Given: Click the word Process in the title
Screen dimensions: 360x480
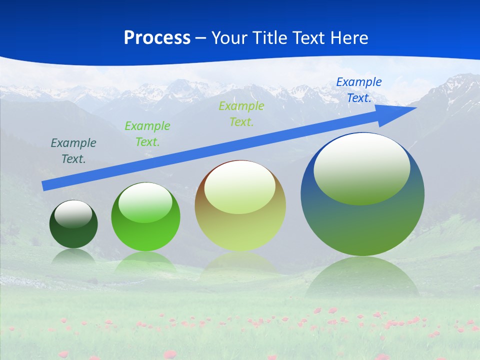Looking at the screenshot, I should pos(157,38).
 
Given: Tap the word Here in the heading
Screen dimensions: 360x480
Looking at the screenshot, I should pos(348,38).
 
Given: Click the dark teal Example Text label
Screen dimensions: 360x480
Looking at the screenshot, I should pos(73,151).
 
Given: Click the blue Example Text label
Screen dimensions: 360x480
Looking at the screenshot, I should pos(358,90).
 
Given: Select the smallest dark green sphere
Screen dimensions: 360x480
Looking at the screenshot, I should pos(73,235).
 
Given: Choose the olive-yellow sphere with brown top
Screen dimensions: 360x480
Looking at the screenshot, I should pos(240,230).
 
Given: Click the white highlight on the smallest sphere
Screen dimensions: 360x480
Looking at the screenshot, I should pos(73,213).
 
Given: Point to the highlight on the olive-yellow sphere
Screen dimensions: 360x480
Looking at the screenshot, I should pos(239,187).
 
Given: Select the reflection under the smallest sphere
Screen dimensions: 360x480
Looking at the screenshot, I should pos(73,256).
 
